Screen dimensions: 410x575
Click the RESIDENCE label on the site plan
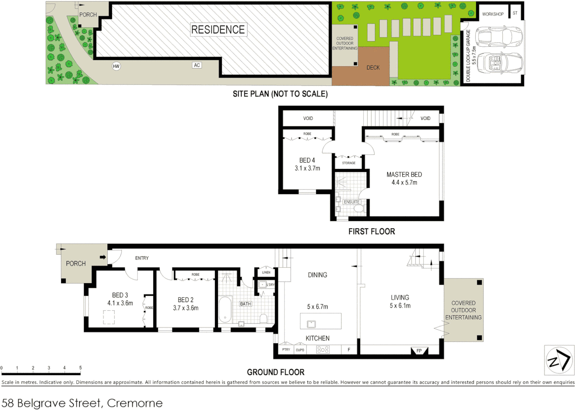point(218,30)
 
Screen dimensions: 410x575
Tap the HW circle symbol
point(116,66)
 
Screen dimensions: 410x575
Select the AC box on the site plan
point(197,65)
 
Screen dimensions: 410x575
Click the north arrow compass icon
point(559,360)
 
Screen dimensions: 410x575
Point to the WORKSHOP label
point(493,14)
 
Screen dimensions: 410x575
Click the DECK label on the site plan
point(373,68)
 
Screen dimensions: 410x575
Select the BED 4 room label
point(307,160)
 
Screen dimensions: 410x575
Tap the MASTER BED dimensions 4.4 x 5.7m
point(404,183)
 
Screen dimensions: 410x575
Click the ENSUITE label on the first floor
point(351,202)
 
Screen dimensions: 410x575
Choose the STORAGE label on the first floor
point(349,163)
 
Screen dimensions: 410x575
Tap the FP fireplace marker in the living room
point(419,350)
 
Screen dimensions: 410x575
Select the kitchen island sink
point(311,324)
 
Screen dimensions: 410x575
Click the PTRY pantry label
point(286,350)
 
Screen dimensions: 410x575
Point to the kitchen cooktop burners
point(323,350)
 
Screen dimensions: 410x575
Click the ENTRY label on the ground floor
point(142,258)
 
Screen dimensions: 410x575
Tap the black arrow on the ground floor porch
point(103,257)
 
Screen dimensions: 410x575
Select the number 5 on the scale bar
point(80,368)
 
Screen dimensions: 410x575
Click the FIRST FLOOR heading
point(371,232)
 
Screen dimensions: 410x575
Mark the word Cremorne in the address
point(135,403)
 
